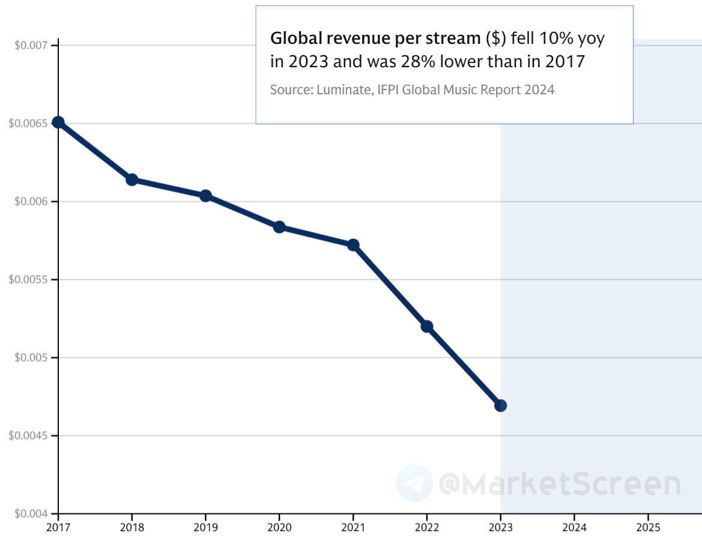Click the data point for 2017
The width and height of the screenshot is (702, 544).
58,122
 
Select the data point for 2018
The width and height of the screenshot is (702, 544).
132,180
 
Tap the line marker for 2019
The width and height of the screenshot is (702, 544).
205,196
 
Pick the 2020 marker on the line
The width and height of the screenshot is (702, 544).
279,227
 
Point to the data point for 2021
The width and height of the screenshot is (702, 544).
353,245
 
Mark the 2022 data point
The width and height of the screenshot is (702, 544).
427,327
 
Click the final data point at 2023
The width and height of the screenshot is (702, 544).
500,405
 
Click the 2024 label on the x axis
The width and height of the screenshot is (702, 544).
574,528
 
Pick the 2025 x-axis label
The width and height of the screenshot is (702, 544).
648,528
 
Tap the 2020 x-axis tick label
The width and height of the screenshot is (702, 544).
279,528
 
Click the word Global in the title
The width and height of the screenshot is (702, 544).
290,39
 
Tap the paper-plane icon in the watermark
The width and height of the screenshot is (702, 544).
414,483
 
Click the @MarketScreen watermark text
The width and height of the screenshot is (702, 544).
560,484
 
